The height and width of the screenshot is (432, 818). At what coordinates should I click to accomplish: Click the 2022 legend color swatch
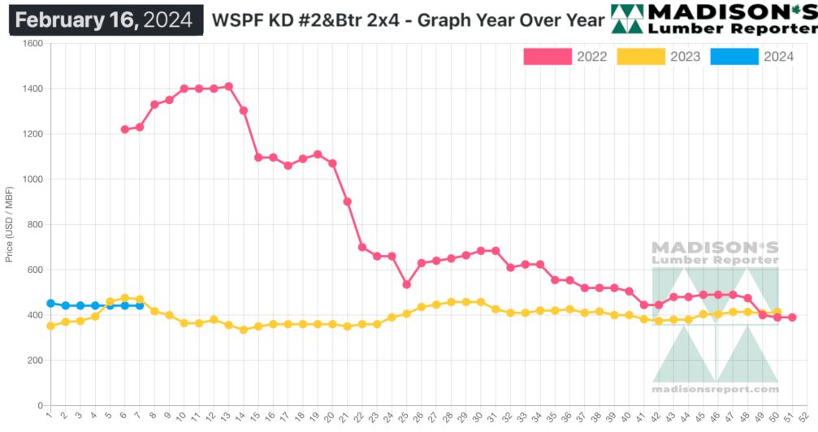(x=547, y=56)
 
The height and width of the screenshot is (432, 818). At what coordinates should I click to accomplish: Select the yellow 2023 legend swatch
(x=640, y=56)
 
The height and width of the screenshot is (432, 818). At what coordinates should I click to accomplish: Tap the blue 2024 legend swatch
(x=734, y=56)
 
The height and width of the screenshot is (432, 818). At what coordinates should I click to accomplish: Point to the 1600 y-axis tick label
(x=32, y=44)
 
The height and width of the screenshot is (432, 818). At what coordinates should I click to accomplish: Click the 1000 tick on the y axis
(x=32, y=179)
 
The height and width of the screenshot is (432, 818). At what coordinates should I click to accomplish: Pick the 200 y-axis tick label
(x=35, y=361)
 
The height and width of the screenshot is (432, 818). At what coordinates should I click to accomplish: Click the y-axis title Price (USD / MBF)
(x=9, y=224)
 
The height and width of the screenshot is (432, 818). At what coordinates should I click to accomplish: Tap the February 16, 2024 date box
(x=106, y=19)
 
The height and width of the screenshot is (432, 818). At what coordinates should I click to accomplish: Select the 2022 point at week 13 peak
(x=228, y=86)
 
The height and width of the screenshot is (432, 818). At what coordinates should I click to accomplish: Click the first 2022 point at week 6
(x=124, y=129)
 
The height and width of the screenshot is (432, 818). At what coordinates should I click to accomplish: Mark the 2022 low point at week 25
(x=406, y=284)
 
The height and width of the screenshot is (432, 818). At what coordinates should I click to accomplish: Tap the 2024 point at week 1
(x=50, y=304)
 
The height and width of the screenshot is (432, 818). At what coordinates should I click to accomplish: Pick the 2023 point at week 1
(x=50, y=326)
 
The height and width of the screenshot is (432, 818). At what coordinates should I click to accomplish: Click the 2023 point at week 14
(x=243, y=330)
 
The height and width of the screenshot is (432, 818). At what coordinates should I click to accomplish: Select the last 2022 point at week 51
(x=792, y=318)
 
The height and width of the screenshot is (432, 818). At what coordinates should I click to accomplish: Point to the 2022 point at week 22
(x=361, y=247)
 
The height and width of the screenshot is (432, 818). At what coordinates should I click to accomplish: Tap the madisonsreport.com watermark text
(x=715, y=389)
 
